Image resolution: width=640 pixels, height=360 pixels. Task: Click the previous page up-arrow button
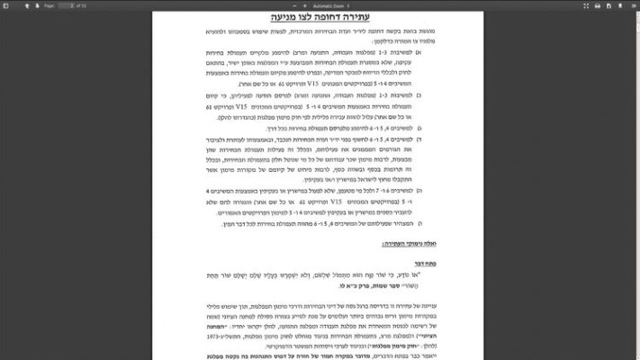click(x=27, y=4)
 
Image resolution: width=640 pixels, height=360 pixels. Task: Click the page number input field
click(x=65, y=4)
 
